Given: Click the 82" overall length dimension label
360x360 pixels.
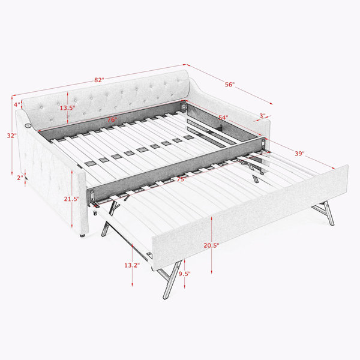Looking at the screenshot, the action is [x=99, y=80].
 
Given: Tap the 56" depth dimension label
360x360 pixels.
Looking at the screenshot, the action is [x=230, y=85].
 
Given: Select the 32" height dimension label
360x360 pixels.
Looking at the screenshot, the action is [x=12, y=136].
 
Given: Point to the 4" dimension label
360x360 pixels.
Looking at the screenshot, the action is [x=17, y=104].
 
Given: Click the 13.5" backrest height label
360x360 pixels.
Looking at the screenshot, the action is [x=67, y=108].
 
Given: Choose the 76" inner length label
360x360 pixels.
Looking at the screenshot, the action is [x=113, y=119].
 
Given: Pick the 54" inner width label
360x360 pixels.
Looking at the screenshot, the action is [x=223, y=118].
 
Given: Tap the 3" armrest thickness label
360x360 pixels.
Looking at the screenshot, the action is [x=262, y=116].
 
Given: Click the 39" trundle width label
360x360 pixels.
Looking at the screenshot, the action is [x=299, y=154].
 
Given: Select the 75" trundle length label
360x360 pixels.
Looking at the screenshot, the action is [x=181, y=179].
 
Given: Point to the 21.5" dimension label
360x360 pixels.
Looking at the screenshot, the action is [x=71, y=199].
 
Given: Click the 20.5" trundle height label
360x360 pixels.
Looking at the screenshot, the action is [x=211, y=245].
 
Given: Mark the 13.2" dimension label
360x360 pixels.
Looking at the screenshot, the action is [x=132, y=265].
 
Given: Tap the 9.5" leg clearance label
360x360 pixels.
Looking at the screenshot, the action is [x=185, y=274].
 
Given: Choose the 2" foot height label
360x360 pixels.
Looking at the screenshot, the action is [x=20, y=178].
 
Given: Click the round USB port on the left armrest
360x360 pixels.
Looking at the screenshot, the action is [x=28, y=125].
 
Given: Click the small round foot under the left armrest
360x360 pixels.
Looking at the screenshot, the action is [x=83, y=235].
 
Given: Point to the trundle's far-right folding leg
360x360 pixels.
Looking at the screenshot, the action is [x=324, y=213].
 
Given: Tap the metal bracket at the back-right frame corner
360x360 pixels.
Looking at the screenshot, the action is [x=184, y=107].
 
